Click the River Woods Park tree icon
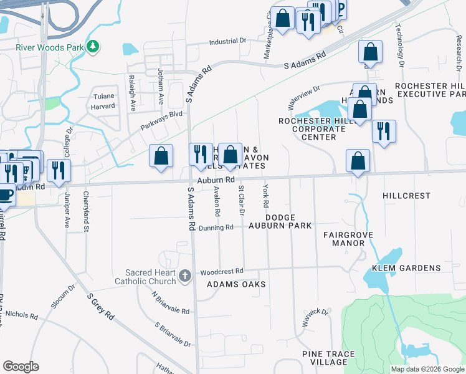(x=93, y=46)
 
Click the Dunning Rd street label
(x=216, y=228)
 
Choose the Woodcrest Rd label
(x=221, y=272)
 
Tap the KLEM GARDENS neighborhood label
(x=415, y=268)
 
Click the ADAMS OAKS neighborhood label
(x=236, y=284)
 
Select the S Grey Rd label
(x=101, y=308)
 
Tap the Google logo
(x=21, y=367)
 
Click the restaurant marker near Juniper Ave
(x=59, y=170)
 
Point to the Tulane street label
(x=104, y=96)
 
